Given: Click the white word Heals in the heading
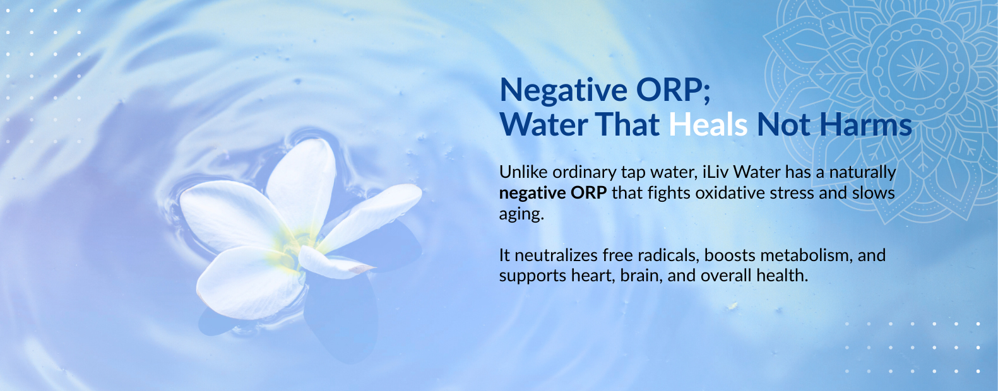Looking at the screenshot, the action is [x=708, y=125].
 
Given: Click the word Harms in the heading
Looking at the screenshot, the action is [x=865, y=125].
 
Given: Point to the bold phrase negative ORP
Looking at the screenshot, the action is [x=552, y=193].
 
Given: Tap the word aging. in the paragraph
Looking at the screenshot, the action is [x=521, y=214].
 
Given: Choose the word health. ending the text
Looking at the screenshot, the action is [x=782, y=276].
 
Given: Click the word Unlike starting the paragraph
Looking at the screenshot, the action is [x=523, y=172].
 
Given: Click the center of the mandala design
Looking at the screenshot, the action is [x=918, y=69].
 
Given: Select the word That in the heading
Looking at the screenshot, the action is [x=627, y=125].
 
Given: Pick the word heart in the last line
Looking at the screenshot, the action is [x=591, y=276].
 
